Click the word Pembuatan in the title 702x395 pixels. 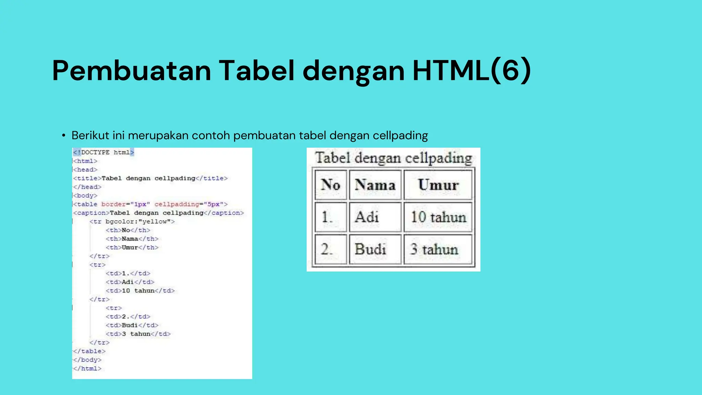pos(132,71)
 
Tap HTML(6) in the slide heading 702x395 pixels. pos(472,71)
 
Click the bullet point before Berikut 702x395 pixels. pos(63,136)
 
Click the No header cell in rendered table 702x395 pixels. pos(330,185)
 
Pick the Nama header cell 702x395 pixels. pos(375,185)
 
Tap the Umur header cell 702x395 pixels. pos(438,185)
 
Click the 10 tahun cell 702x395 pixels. pos(438,217)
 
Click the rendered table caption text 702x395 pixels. pos(394,158)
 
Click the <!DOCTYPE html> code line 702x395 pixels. pos(103,152)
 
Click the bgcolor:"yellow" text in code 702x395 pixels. pos(138,222)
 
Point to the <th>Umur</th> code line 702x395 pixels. pos(132,247)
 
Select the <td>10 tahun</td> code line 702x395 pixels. pos(140,291)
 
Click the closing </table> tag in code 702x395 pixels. pos(89,351)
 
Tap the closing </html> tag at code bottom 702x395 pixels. pos(87,369)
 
